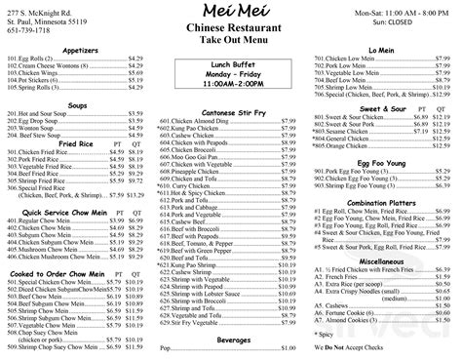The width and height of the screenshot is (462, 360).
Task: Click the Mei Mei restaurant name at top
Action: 229,12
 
